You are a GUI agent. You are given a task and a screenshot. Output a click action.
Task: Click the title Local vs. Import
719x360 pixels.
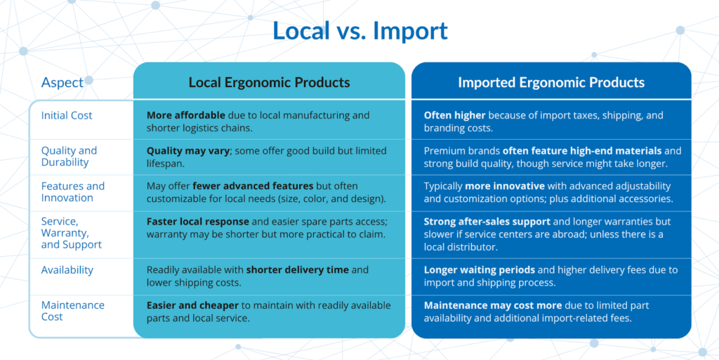(359, 31)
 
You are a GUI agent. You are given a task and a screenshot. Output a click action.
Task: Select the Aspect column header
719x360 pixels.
(62, 82)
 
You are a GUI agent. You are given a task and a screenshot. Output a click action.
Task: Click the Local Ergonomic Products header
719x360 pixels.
(269, 82)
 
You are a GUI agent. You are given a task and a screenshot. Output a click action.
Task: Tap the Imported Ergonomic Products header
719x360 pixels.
(551, 82)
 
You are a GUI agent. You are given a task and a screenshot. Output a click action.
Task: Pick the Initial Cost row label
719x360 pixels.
(67, 115)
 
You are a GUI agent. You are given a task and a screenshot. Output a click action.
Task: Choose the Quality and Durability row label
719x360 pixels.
(69, 156)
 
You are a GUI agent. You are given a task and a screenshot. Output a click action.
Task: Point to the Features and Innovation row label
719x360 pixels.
(72, 192)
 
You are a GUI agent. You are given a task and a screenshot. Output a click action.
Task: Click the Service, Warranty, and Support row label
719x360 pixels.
(72, 233)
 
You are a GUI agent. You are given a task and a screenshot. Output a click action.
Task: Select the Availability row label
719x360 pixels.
(67, 270)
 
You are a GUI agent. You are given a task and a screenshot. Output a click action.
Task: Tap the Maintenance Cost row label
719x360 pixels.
(72, 311)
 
